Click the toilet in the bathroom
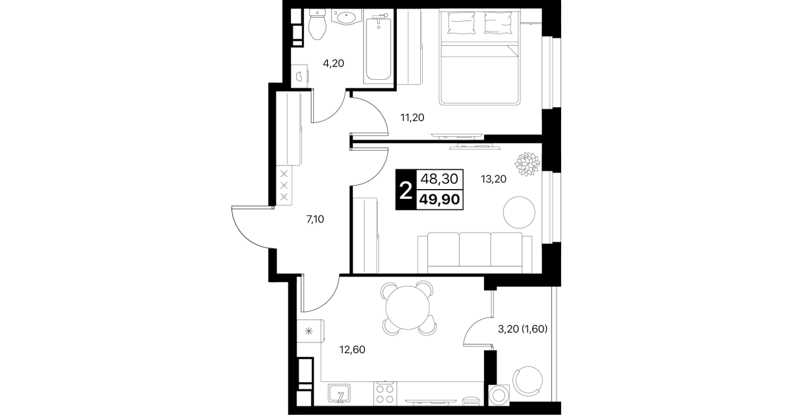(317, 24)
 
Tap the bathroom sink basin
(346, 17)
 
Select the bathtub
(379, 47)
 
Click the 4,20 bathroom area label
(333, 63)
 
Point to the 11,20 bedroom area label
(412, 118)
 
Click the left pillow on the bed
(461, 23)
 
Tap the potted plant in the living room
(527, 164)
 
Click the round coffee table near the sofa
(519, 212)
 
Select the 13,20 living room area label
(493, 179)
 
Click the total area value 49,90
(439, 200)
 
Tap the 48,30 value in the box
(439, 179)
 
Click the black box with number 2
(406, 190)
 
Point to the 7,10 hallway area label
(315, 219)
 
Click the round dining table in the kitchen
(408, 308)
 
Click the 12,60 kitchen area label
(352, 350)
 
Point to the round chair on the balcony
(527, 382)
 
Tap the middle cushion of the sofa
(475, 250)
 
